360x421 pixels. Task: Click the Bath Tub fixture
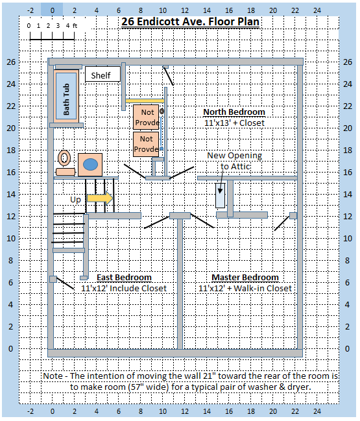[66, 96]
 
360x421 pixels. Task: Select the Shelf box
[102, 74]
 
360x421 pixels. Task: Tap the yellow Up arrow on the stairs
[100, 198]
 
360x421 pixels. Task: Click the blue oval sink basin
[90, 165]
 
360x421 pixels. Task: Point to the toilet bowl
[64, 158]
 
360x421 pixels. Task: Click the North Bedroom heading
[234, 112]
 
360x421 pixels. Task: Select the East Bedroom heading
[124, 278]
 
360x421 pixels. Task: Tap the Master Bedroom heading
[245, 278]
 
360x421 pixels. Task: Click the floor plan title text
[190, 21]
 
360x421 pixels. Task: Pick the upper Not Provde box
[146, 117]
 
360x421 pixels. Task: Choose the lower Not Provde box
[146, 144]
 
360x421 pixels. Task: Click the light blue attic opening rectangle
[220, 195]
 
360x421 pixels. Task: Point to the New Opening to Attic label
[235, 161]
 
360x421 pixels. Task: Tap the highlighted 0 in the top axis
[52, 10]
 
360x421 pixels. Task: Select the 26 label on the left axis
[11, 62]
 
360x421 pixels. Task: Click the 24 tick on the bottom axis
[317, 411]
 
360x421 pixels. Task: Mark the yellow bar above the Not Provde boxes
[145, 101]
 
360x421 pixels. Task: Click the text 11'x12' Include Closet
[124, 289]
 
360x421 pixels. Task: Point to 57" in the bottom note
[136, 387]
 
